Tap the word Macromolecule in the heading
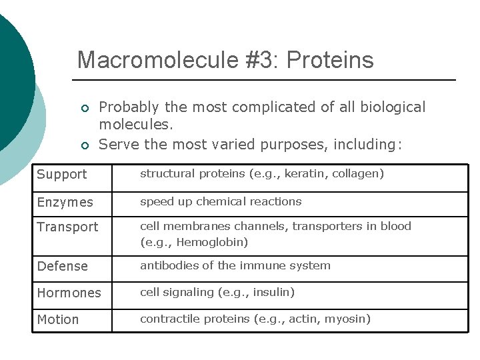(x=157, y=60)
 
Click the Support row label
(x=62, y=175)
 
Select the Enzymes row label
(x=65, y=202)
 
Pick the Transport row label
(x=67, y=227)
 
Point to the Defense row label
(x=63, y=266)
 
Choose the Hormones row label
(x=69, y=293)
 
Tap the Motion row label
(x=58, y=319)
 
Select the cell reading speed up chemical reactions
(x=221, y=201)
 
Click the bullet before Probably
(x=84, y=109)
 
